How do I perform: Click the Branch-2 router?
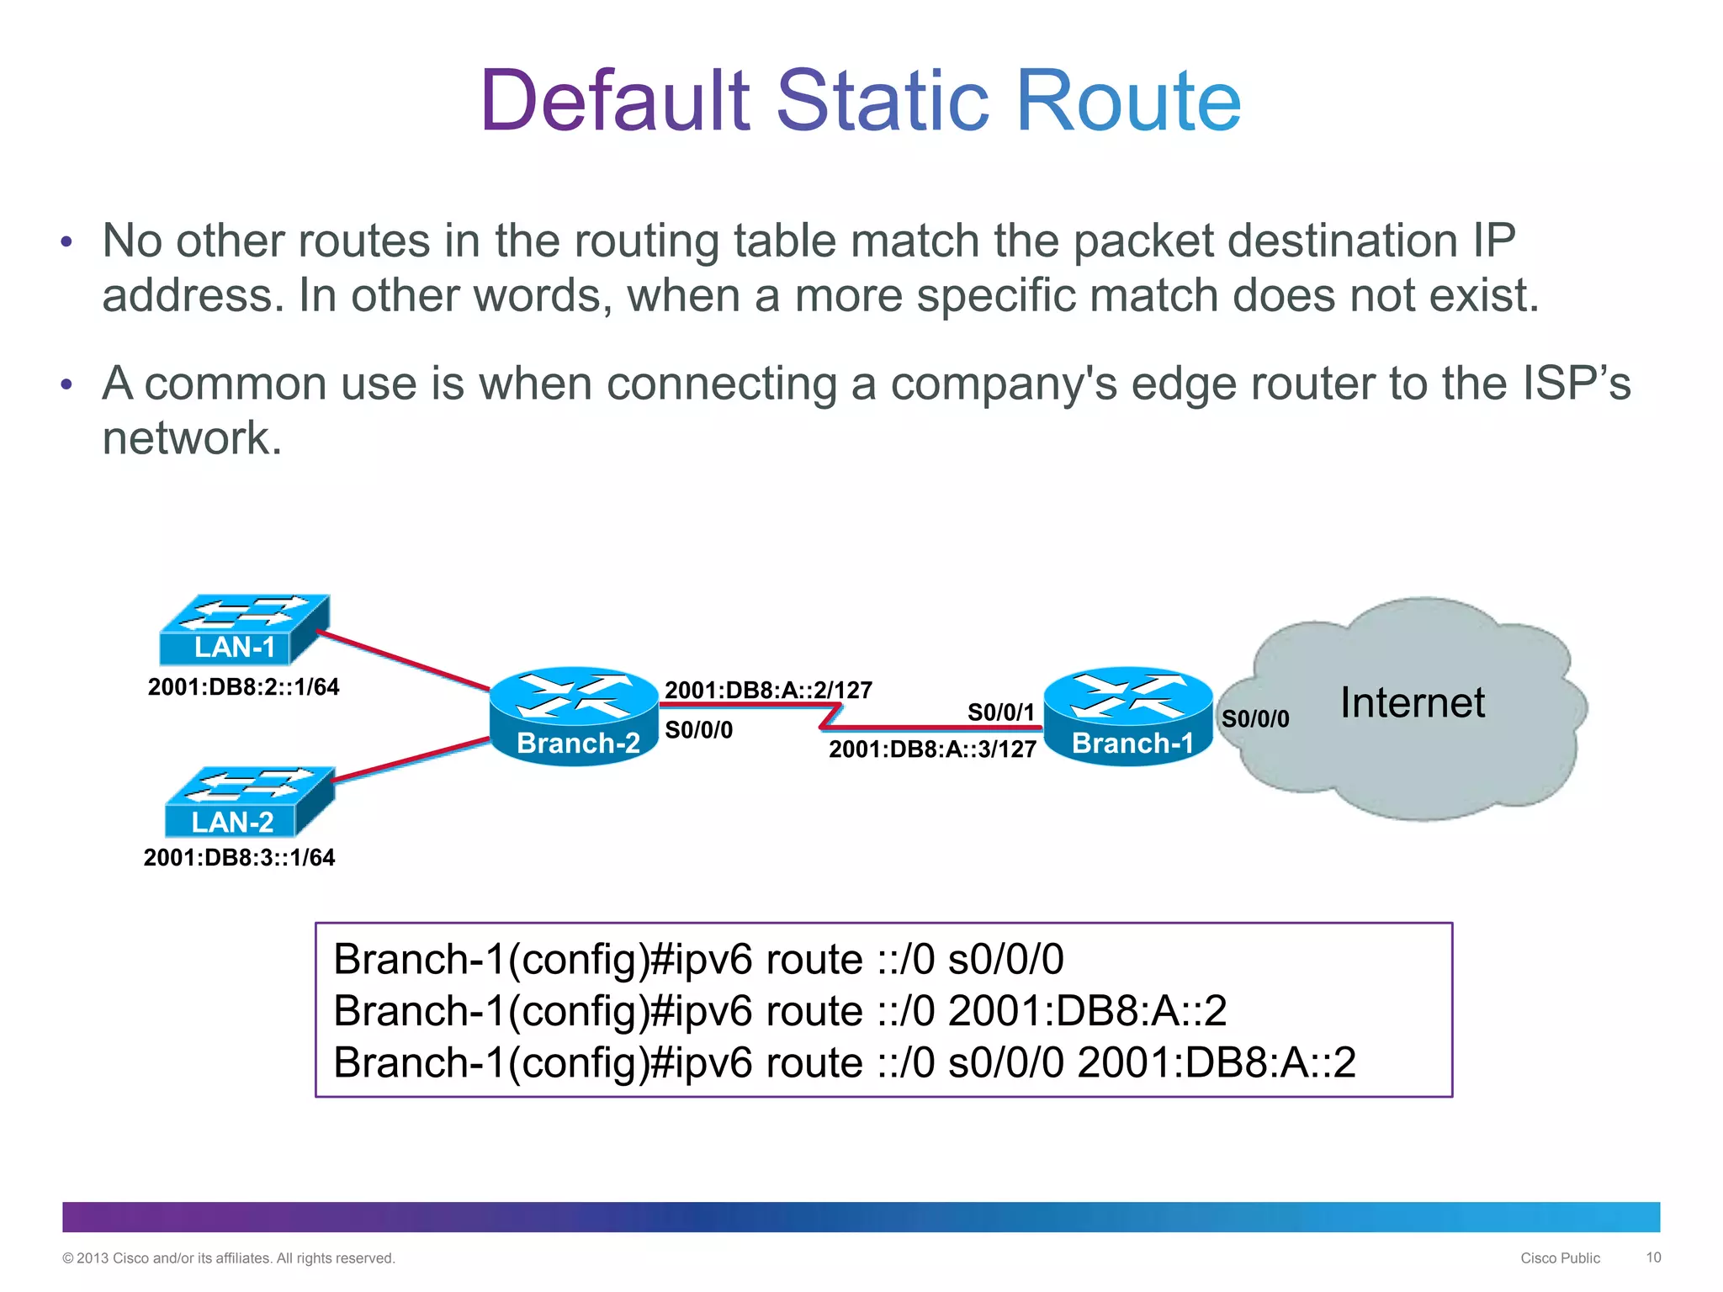574,716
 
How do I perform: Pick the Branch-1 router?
1128,716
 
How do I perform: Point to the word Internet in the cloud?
1412,702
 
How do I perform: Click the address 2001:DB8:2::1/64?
243,687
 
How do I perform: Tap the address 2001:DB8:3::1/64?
239,858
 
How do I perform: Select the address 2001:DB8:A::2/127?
768,691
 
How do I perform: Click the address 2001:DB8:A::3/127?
932,749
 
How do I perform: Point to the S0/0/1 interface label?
1000,712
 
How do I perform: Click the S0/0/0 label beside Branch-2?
698,730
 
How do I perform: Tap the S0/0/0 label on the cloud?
1254,718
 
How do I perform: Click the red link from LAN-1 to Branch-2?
404,660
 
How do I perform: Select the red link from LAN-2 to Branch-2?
412,760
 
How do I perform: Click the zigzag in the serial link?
830,716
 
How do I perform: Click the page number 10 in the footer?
1653,1258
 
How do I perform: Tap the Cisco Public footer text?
1560,1258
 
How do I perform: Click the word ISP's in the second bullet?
1576,384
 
